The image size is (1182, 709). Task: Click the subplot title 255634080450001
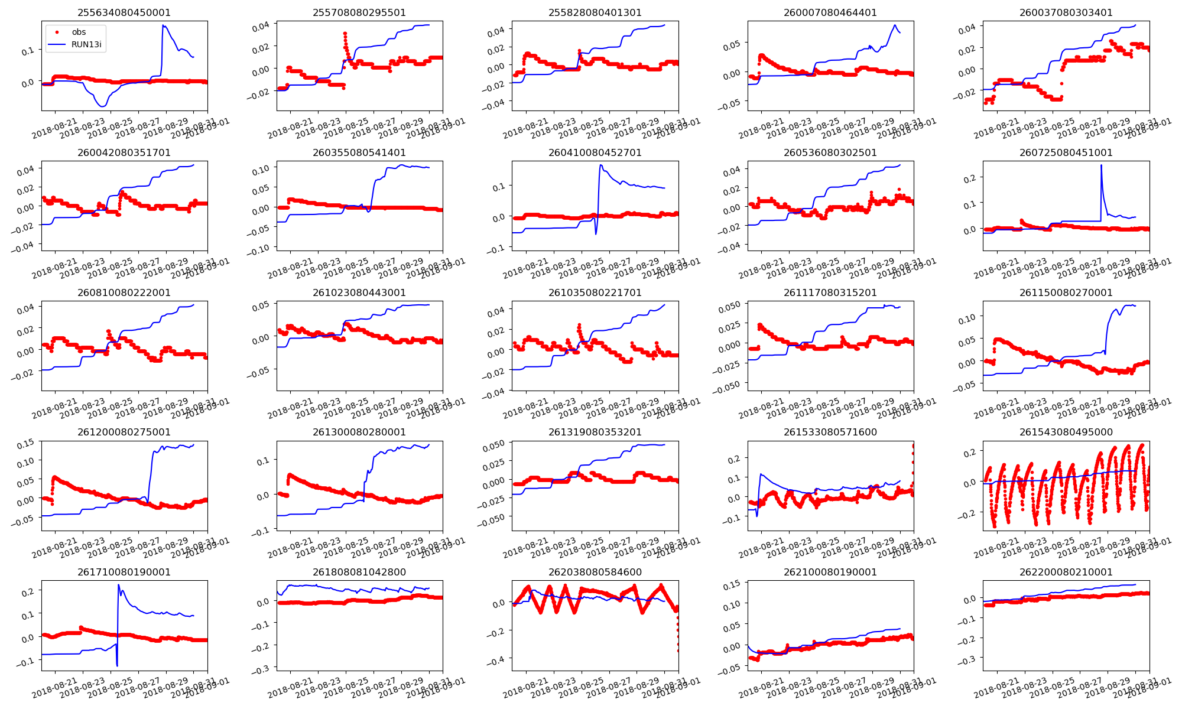[124, 12]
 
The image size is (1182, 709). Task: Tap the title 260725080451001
[1066, 152]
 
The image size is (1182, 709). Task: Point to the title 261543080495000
[1066, 432]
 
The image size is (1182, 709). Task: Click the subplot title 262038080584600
[595, 572]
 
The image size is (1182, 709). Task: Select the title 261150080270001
[1066, 292]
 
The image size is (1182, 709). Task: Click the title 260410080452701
[595, 152]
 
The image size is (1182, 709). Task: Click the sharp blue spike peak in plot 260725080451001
[1101, 165]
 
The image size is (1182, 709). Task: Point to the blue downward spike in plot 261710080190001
[117, 666]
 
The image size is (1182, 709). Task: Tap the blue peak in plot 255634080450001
[163, 25]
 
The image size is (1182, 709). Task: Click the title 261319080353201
[595, 432]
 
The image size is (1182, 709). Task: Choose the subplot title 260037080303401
[1066, 12]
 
